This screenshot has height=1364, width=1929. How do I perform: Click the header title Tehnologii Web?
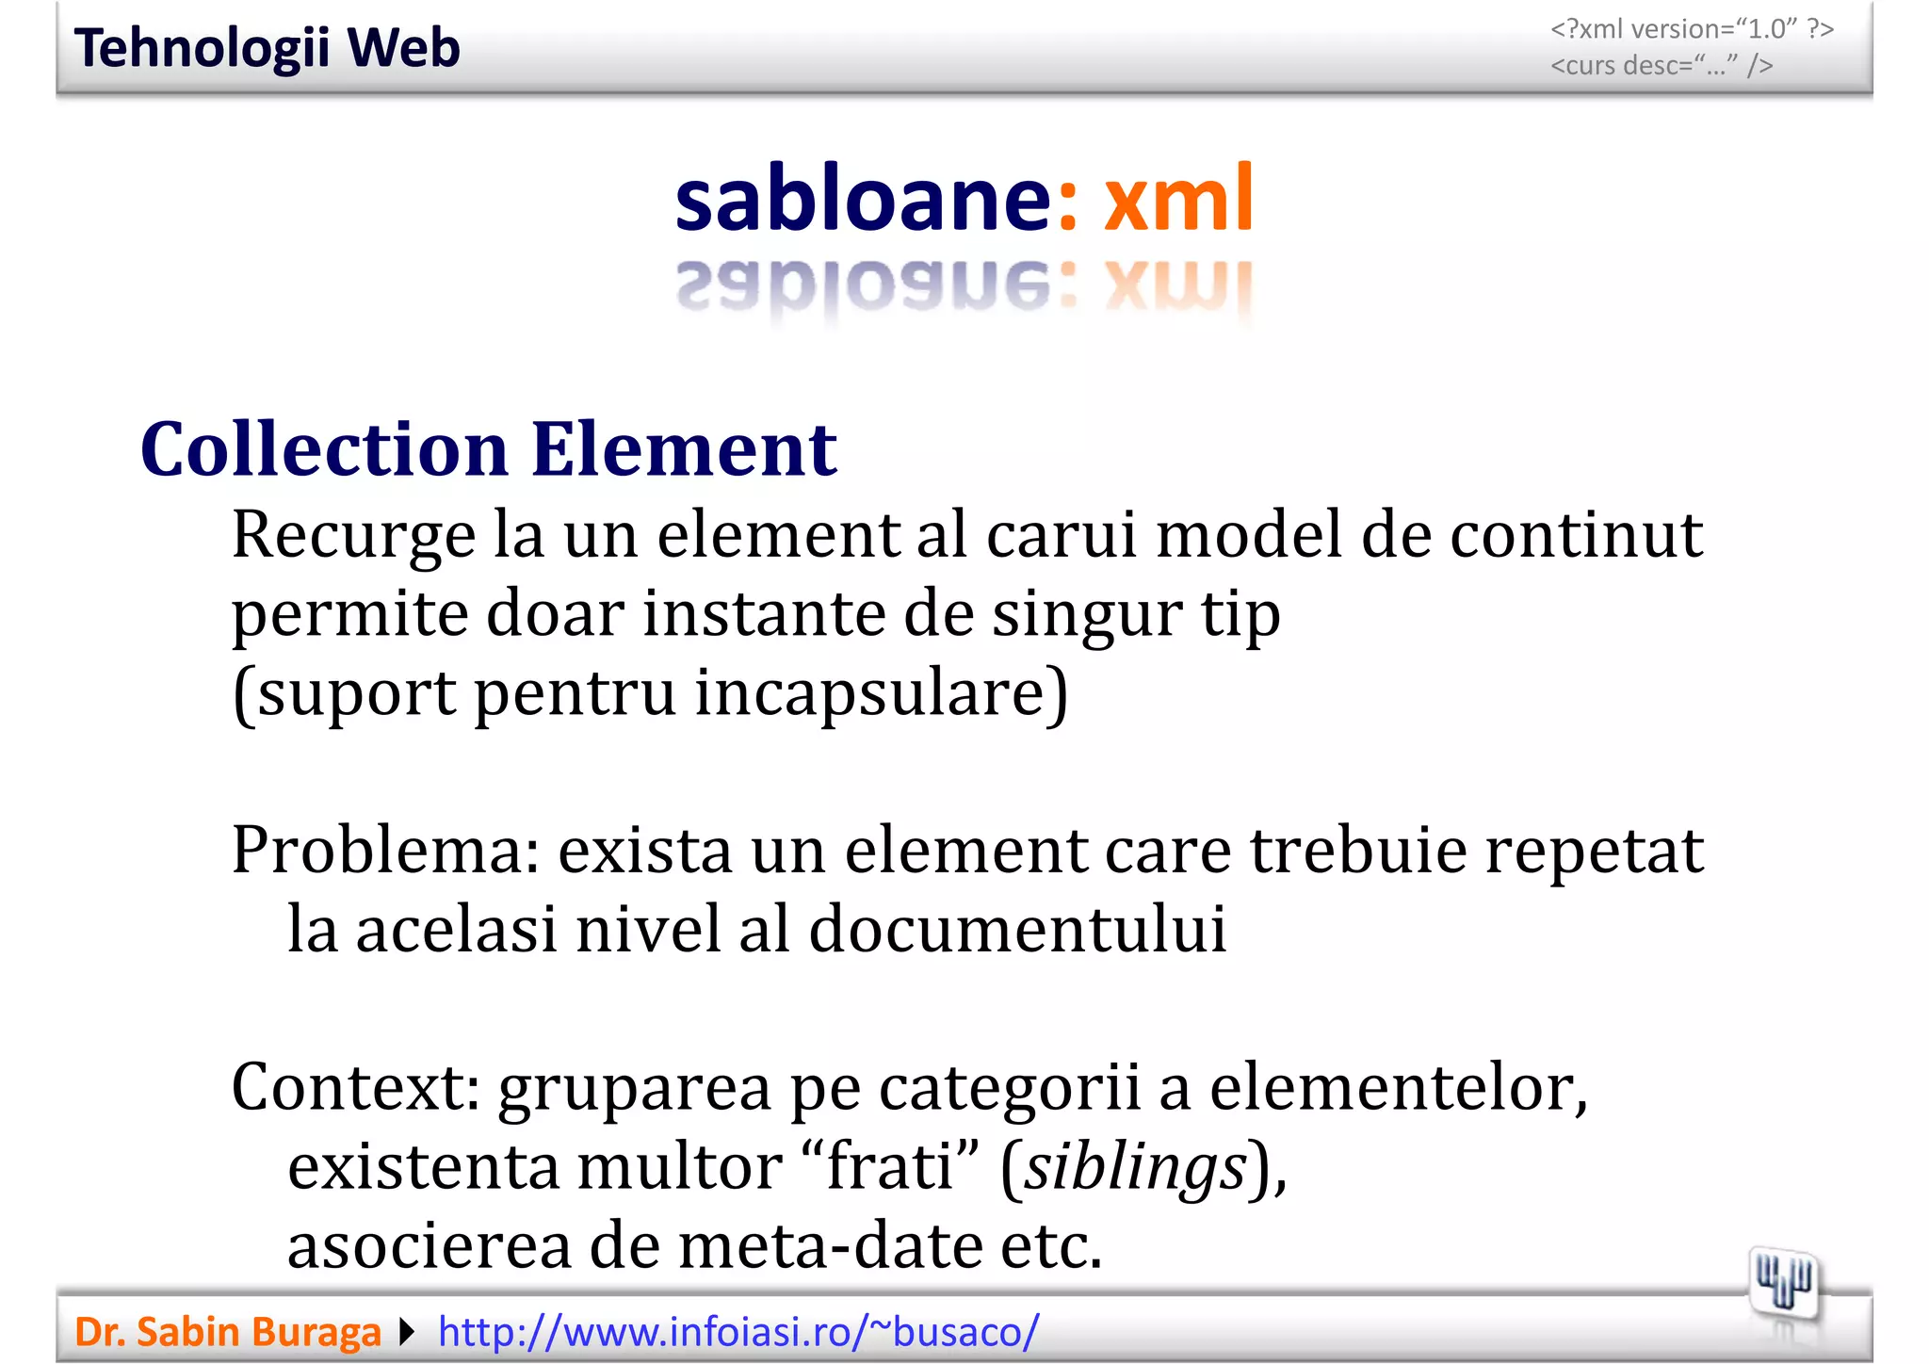click(x=267, y=48)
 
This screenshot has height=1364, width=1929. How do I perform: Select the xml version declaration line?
click(x=1692, y=29)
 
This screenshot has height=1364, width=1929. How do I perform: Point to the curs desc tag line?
click(x=1662, y=65)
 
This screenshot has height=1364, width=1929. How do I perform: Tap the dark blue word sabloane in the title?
click(x=862, y=199)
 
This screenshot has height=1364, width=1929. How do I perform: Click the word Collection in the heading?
click(x=324, y=449)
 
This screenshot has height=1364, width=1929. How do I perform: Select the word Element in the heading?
click(x=684, y=449)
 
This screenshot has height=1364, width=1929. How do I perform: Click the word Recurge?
click(x=353, y=535)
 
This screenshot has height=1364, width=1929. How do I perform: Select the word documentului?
click(x=1017, y=929)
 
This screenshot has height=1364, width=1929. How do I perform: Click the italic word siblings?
click(x=1136, y=1166)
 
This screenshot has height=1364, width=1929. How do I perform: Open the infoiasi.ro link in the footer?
click(x=738, y=1332)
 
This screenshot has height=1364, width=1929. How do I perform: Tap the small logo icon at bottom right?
click(x=1783, y=1284)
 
